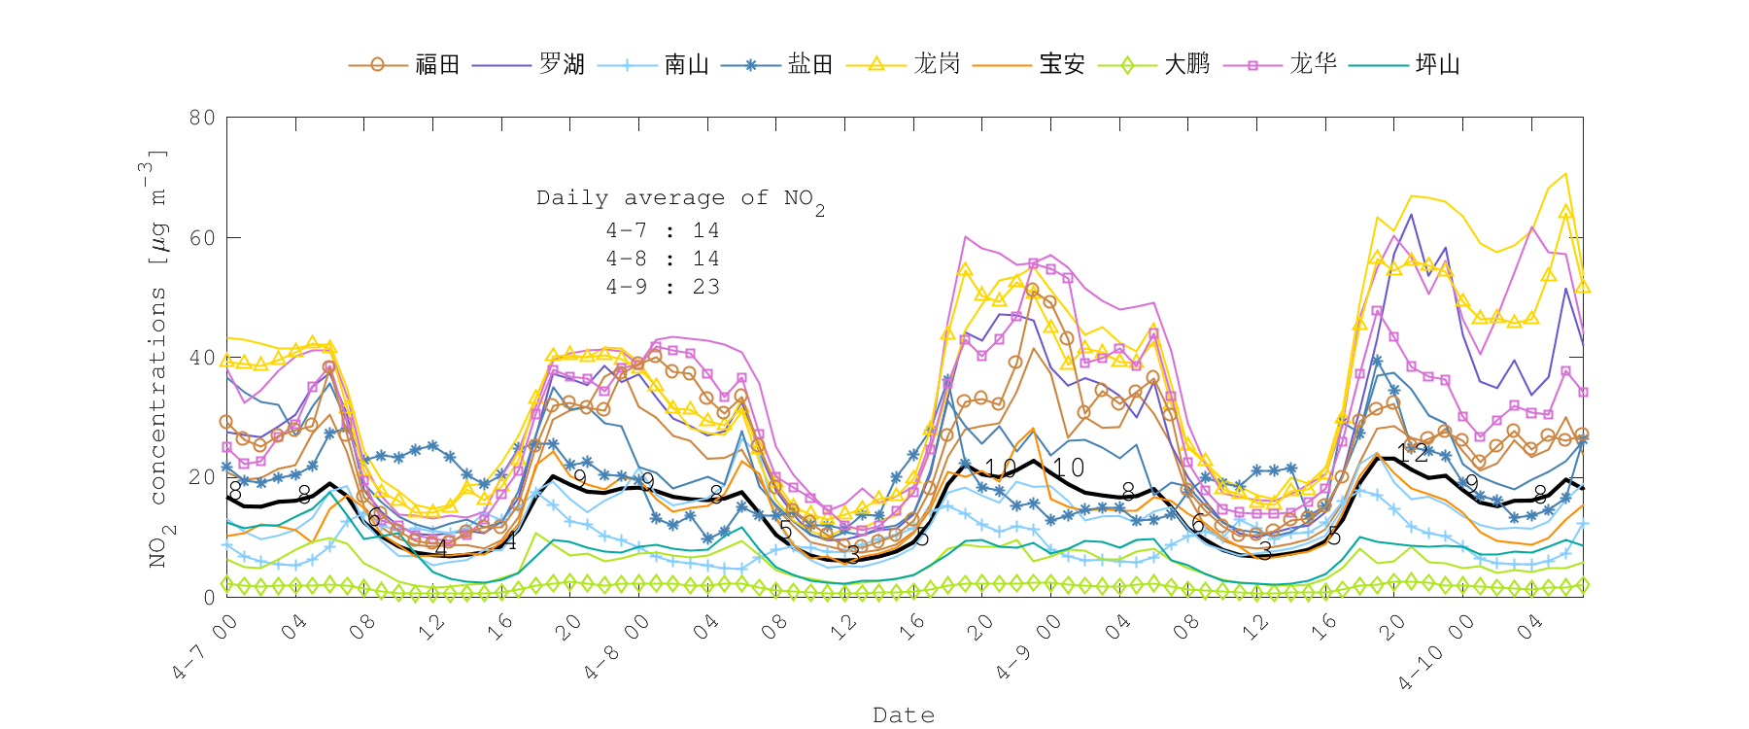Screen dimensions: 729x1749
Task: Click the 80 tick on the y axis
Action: point(202,118)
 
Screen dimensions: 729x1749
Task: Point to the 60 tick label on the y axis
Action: point(202,238)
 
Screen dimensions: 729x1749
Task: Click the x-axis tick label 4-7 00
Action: point(206,646)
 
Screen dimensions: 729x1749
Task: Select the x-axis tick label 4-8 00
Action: point(618,646)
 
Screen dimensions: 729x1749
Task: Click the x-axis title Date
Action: point(904,715)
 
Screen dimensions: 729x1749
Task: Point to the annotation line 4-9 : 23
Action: point(663,287)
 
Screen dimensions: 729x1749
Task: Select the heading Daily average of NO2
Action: point(680,199)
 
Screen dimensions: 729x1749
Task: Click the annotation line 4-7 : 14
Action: point(663,230)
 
